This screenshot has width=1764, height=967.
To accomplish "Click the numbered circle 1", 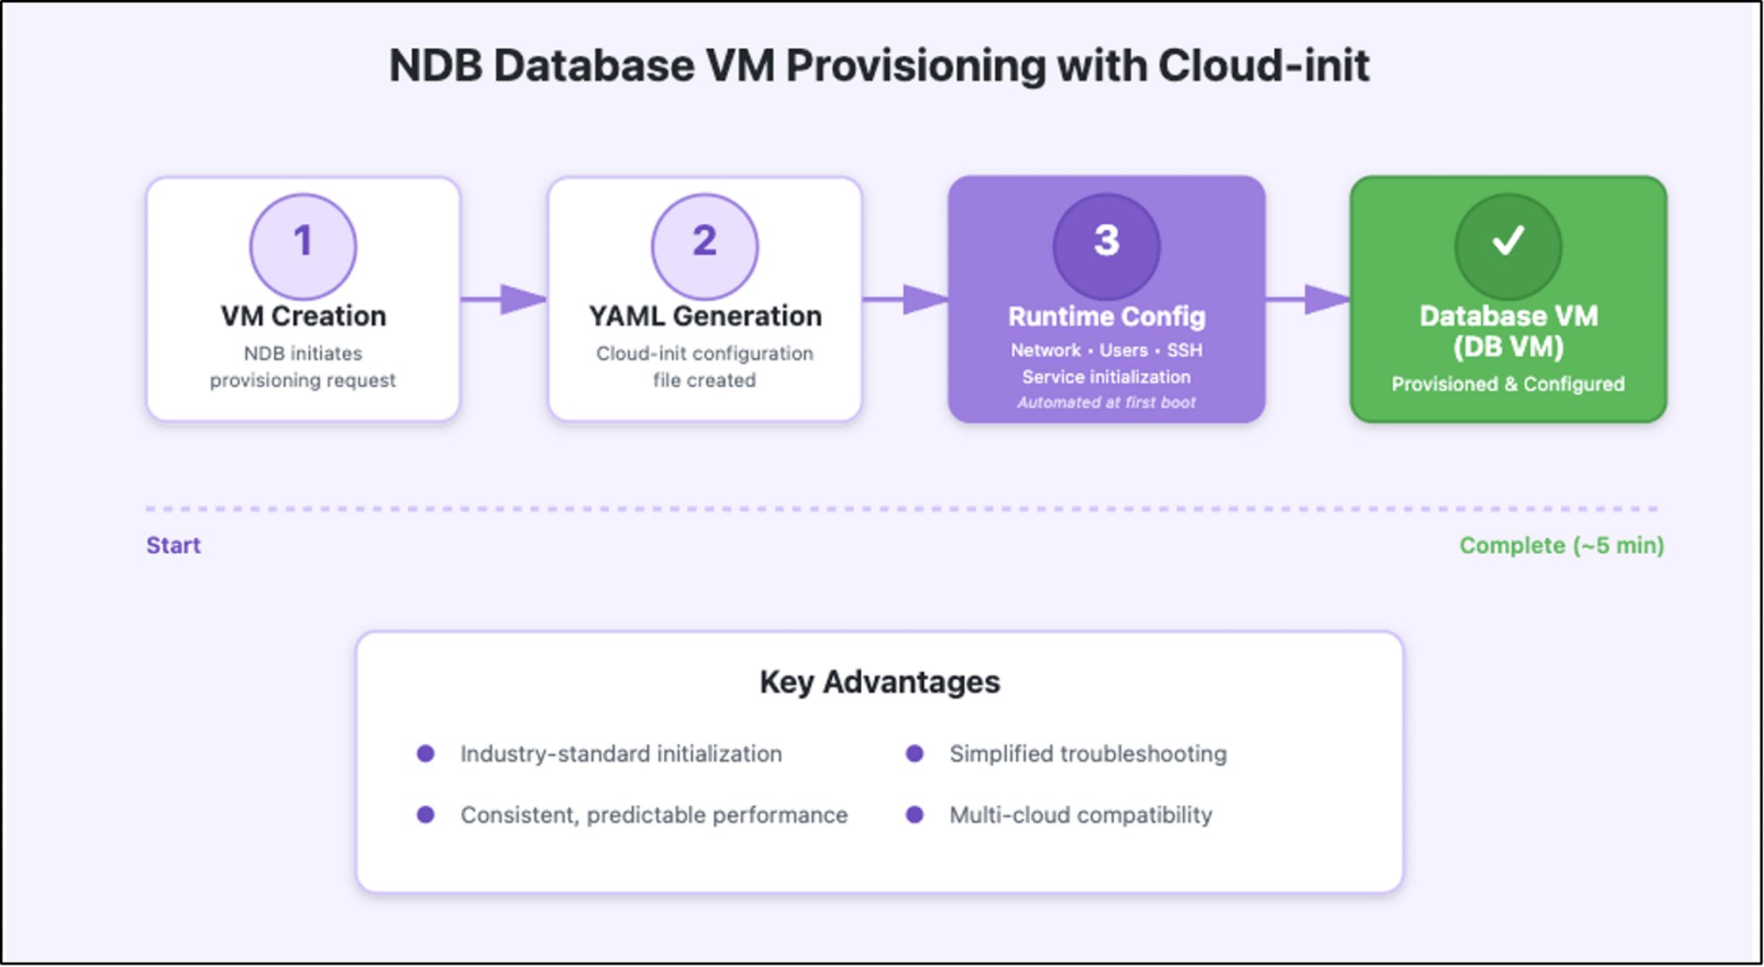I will (303, 245).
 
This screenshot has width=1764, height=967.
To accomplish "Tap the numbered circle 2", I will (704, 245).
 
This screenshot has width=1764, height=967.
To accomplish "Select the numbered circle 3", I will (1106, 245).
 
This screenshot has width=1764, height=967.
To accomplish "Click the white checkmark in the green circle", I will (1508, 241).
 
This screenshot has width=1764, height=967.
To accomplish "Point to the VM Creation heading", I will (303, 316).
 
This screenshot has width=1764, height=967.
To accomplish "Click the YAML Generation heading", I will (704, 316).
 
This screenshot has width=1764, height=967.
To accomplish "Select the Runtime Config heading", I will (1106, 316).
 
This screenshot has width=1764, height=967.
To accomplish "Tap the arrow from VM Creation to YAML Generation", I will (505, 299).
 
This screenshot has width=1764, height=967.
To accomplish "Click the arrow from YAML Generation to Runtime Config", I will (906, 299).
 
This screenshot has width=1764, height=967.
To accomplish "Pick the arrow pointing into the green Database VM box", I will (1308, 299).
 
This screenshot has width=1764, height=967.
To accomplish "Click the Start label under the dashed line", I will (173, 545).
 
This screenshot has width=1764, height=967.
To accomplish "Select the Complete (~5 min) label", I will (1561, 545).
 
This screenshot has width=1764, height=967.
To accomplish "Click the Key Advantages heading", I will (879, 682).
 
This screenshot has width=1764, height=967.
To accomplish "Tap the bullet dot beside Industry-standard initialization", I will (426, 753).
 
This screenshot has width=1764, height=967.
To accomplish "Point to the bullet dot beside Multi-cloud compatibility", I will (914, 815).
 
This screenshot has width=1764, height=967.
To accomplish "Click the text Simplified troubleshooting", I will (1088, 753).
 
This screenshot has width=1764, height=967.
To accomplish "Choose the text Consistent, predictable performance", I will (654, 815).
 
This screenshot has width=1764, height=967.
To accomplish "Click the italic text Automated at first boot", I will (1106, 403).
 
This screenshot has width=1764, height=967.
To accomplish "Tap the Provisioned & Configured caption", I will (1508, 384).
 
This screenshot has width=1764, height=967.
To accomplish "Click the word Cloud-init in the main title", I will (1263, 67).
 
